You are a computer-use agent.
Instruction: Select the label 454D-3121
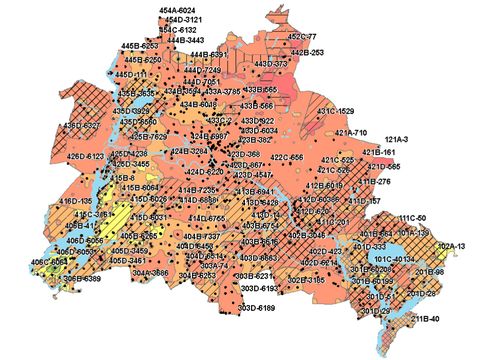(x=184, y=20)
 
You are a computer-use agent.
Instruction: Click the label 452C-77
(x=302, y=36)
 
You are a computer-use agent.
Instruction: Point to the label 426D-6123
(x=86, y=156)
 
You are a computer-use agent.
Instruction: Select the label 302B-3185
(x=303, y=280)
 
